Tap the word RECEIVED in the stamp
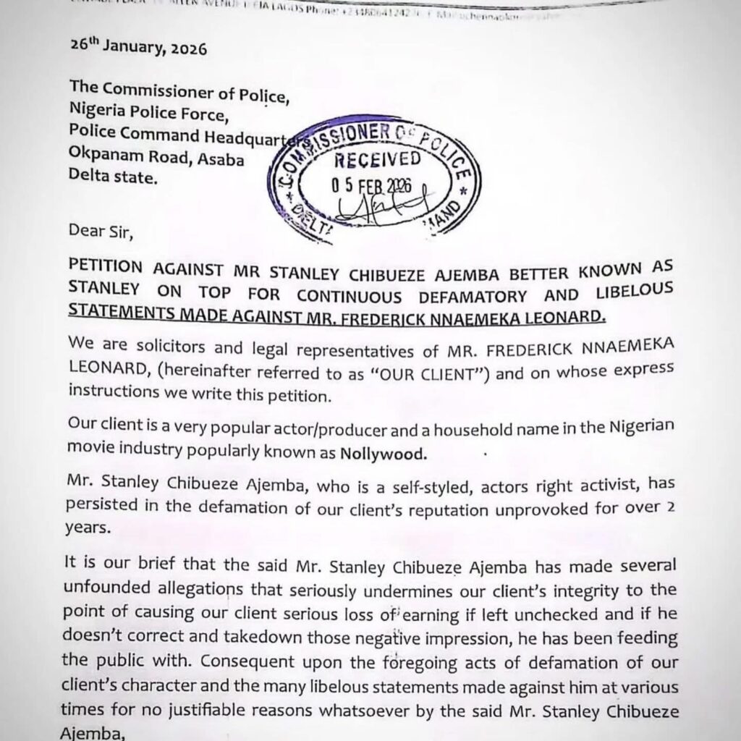coord(377,159)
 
